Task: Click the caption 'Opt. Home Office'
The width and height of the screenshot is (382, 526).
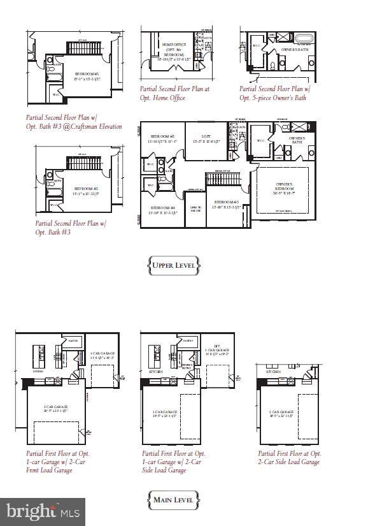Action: coord(163,98)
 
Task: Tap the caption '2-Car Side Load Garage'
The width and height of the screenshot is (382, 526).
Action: coord(288,462)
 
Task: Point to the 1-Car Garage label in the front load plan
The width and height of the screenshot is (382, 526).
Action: coord(102,355)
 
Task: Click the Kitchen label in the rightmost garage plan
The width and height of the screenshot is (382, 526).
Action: coord(273,370)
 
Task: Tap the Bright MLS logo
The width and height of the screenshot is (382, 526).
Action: coord(43,511)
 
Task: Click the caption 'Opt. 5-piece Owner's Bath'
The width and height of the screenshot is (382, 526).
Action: coord(272,98)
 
